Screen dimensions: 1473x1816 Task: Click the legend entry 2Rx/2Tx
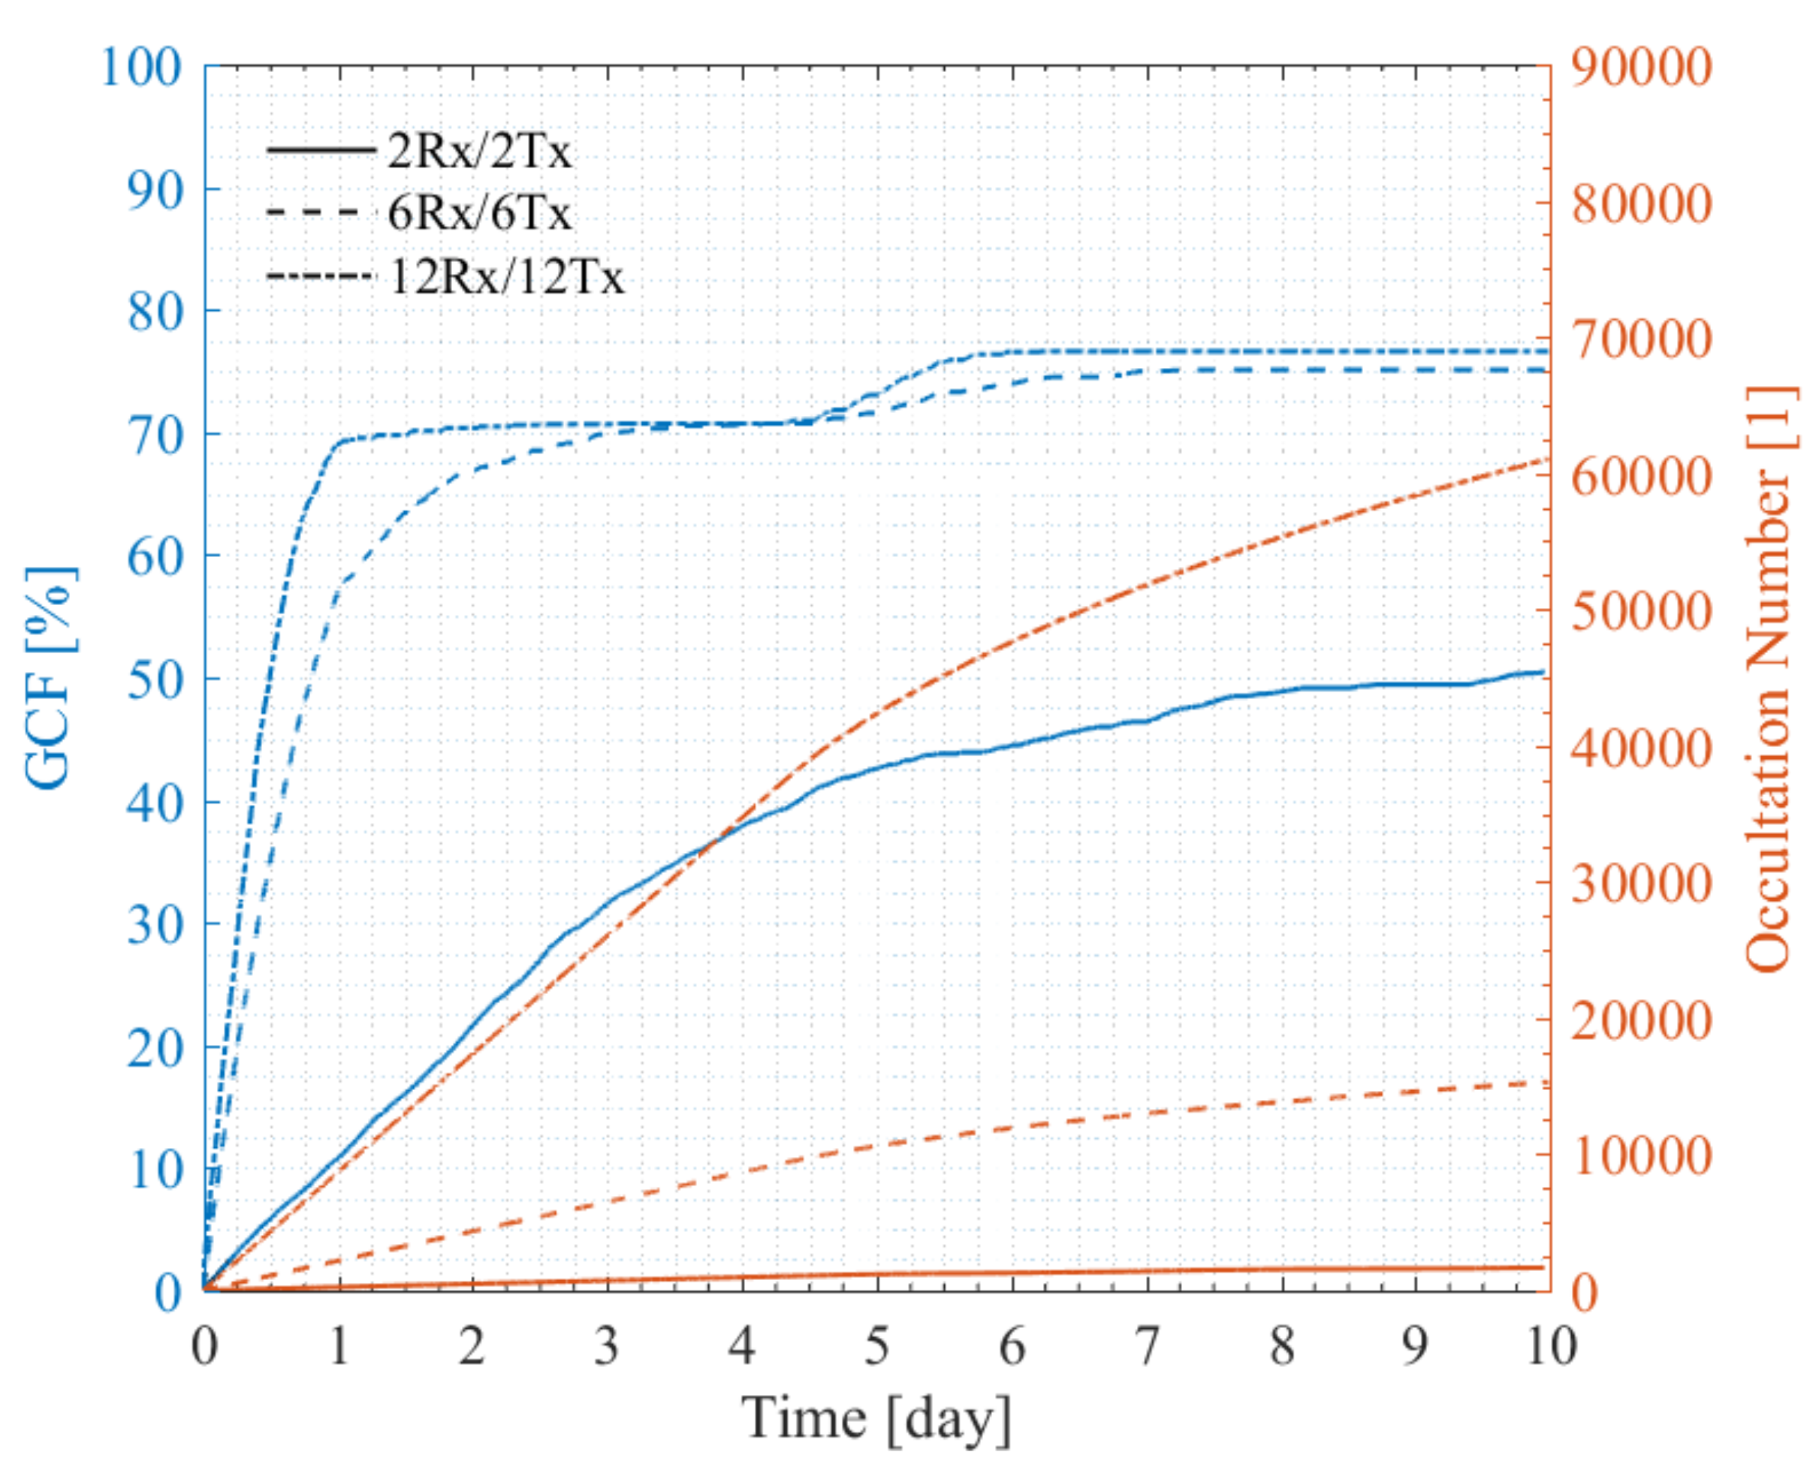point(478,152)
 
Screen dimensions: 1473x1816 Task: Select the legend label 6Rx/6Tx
point(478,212)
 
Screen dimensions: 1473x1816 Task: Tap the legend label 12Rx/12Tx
point(505,276)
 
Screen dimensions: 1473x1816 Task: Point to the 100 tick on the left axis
point(141,66)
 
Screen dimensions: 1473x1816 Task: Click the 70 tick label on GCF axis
point(155,435)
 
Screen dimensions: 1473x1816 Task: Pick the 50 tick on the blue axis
point(155,679)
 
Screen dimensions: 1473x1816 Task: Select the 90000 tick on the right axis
point(1641,66)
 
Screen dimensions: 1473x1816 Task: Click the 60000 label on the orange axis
point(1641,476)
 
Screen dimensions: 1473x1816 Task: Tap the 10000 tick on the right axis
point(1641,1156)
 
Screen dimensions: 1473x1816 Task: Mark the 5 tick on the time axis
point(877,1345)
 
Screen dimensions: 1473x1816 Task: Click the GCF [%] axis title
point(50,677)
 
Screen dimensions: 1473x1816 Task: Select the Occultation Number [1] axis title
point(1770,679)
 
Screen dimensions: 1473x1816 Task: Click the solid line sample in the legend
point(321,150)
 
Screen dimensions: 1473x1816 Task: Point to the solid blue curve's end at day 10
point(1541,672)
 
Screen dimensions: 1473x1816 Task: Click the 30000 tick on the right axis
point(1641,884)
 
